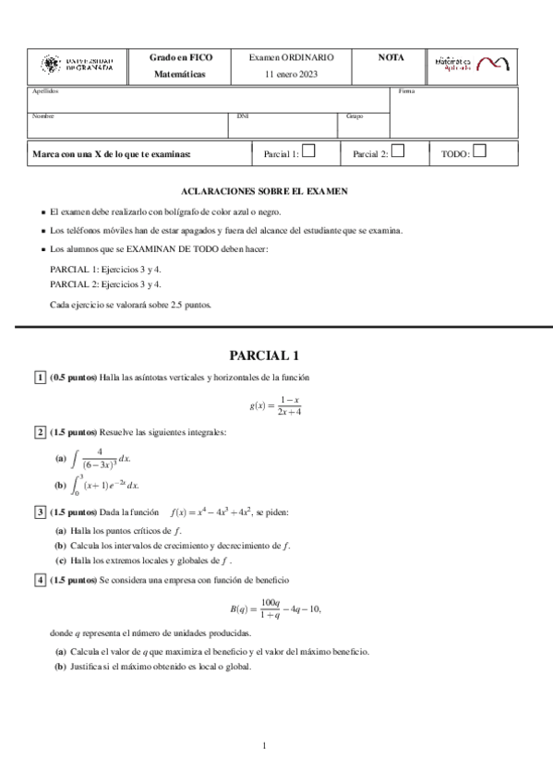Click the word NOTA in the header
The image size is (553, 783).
pos(391,57)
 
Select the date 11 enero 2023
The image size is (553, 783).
pos(291,74)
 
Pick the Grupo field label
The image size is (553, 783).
pos(355,116)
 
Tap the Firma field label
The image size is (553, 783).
pos(406,91)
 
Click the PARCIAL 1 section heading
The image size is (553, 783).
pos(264,355)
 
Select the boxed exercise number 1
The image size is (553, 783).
pos(39,378)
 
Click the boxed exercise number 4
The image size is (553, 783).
pos(39,580)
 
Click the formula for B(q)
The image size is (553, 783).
pos(274,608)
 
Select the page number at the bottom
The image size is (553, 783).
pos(264,745)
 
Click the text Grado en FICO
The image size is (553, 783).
pos(181,57)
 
